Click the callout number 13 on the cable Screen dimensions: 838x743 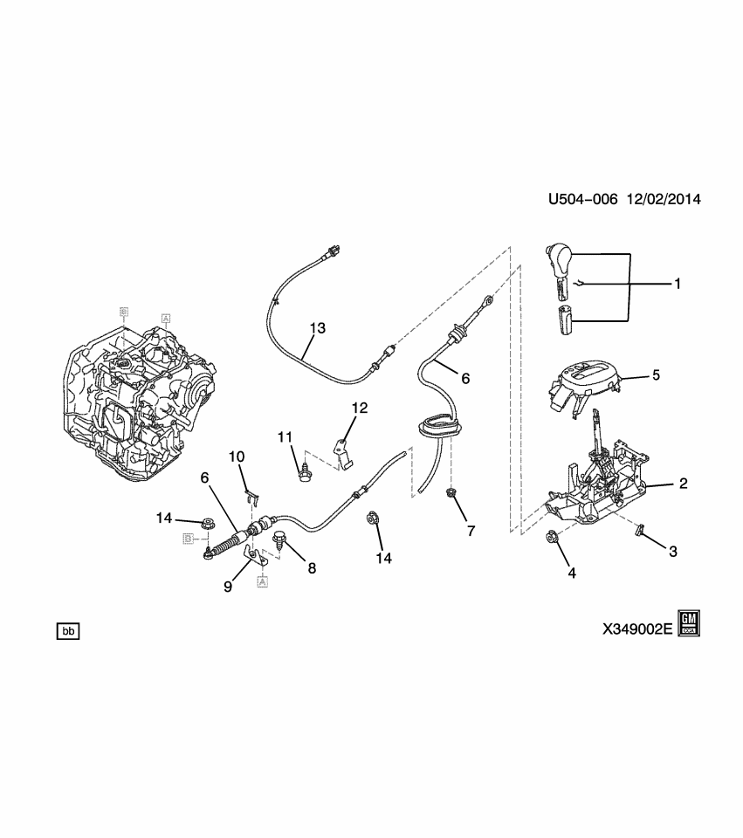(316, 328)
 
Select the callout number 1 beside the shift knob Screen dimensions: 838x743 (677, 284)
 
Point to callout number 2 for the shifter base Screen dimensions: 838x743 (684, 483)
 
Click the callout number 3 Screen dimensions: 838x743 (672, 551)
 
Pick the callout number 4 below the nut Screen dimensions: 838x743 (572, 574)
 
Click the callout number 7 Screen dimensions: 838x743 (471, 530)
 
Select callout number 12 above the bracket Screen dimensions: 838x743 (361, 408)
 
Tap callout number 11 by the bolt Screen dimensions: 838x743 (284, 436)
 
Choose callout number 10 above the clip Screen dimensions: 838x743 (237, 457)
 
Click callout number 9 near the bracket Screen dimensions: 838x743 (228, 587)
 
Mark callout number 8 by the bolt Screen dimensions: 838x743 (312, 567)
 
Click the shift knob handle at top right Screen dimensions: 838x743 (558, 260)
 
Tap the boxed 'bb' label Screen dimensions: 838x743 (68, 630)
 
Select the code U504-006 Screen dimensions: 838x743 (583, 200)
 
